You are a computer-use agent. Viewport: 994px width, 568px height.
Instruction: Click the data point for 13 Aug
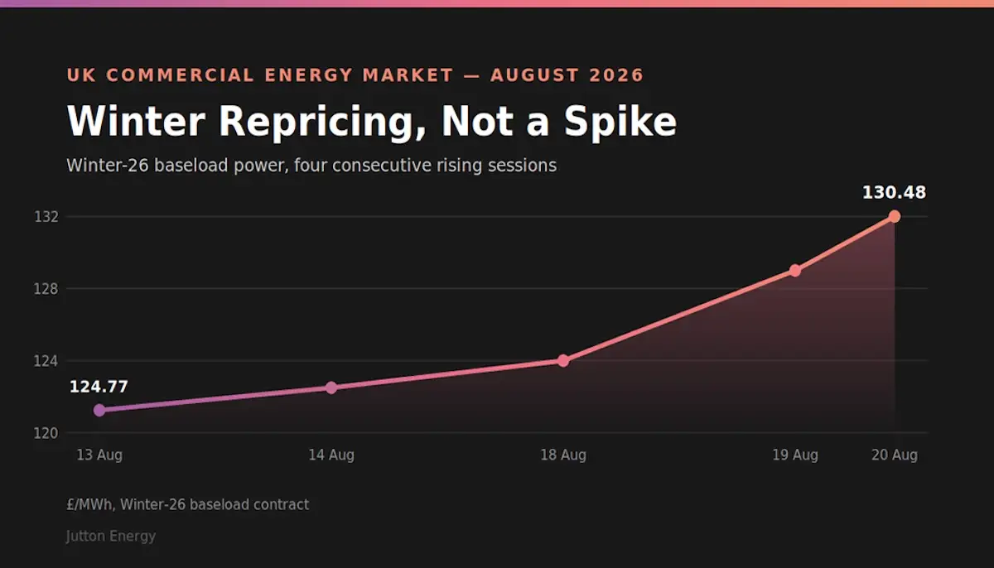pos(99,410)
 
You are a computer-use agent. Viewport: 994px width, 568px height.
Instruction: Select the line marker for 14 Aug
pos(331,387)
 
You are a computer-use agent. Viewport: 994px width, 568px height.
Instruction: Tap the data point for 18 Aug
pos(563,360)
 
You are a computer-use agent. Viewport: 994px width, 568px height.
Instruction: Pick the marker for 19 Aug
pos(795,271)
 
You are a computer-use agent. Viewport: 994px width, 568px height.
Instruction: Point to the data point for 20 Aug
pos(895,216)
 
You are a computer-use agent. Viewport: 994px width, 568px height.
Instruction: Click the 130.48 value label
pos(894,192)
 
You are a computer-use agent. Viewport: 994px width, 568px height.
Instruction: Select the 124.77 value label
pos(99,387)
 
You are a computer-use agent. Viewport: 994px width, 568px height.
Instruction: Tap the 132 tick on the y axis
pos(46,217)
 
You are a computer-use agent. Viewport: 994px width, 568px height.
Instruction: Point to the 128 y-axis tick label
pos(46,289)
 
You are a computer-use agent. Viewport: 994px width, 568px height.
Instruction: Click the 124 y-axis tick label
pos(46,361)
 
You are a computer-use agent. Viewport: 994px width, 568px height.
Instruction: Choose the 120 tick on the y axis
pos(46,433)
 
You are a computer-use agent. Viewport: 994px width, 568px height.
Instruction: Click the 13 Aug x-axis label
pos(99,455)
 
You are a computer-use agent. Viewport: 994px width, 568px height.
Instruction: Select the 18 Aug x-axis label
pos(563,455)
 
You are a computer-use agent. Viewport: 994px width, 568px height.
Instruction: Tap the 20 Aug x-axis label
pos(895,455)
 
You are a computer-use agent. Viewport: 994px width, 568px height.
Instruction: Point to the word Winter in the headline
pos(136,121)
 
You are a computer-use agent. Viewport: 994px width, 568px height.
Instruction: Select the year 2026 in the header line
pos(616,75)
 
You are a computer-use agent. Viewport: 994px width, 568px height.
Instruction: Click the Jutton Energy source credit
pos(111,536)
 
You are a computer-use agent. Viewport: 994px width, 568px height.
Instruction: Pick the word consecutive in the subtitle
pos(382,166)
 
